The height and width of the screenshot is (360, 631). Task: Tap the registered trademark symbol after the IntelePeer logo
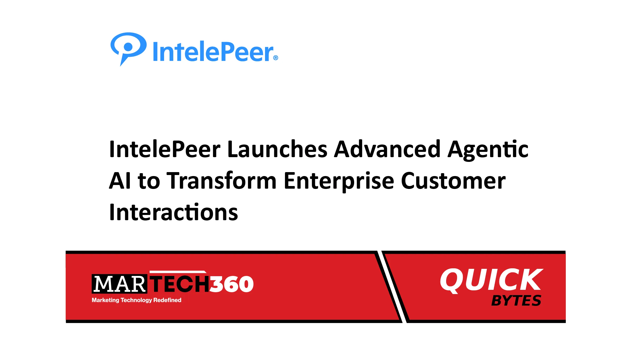[x=276, y=58]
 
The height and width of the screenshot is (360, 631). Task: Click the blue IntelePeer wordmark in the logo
[x=213, y=51]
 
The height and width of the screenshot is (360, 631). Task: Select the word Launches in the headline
[x=277, y=149]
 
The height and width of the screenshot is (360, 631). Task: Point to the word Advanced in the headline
[x=387, y=149]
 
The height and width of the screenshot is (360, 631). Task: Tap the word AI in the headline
[x=120, y=181]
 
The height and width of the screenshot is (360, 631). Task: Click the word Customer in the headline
[x=453, y=181]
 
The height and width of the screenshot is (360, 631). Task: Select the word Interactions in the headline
[x=174, y=212]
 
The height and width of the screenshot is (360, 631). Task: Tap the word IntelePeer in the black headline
[x=165, y=149]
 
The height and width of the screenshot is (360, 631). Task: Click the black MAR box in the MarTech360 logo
[x=119, y=284]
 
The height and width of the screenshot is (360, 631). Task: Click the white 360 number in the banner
[x=231, y=284]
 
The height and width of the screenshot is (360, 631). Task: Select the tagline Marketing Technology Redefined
[x=136, y=300]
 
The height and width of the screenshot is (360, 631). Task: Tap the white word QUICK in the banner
[x=492, y=280]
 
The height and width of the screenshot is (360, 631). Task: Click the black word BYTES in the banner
[x=516, y=300]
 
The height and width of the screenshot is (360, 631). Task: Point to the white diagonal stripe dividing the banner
[x=392, y=287]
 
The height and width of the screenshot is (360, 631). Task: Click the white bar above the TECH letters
[x=178, y=272]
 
